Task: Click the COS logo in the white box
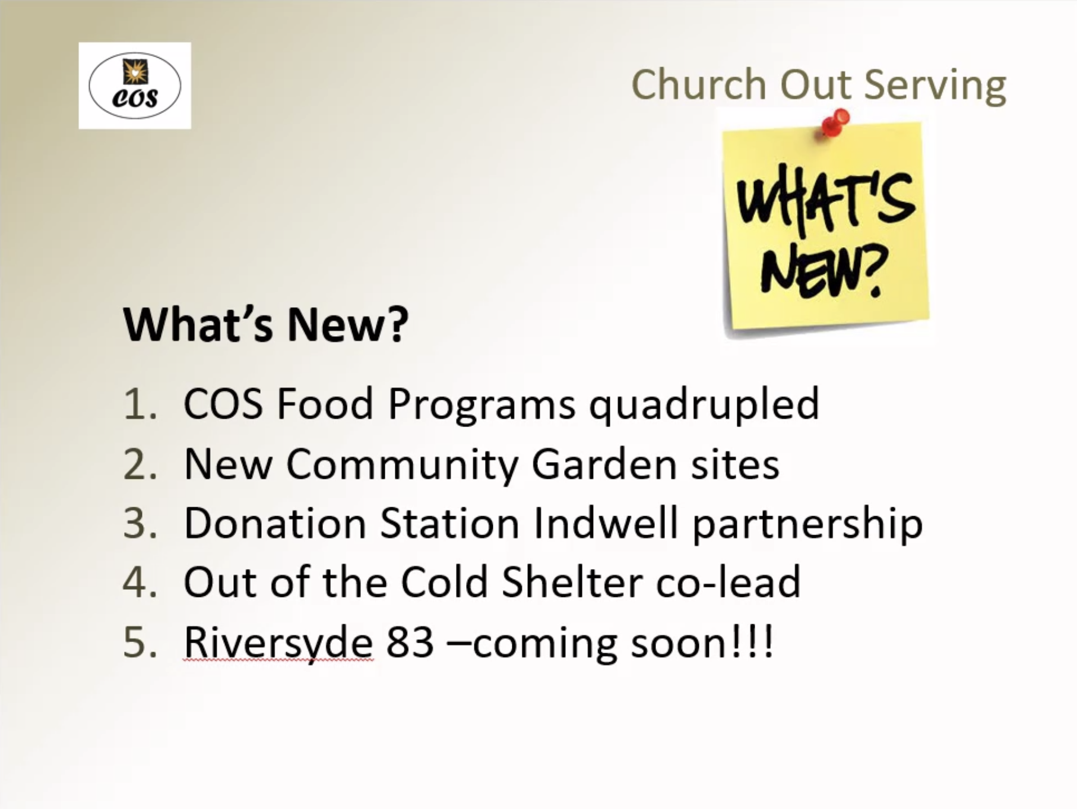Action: [x=135, y=86]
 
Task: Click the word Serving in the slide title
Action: [x=935, y=85]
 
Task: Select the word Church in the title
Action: [x=699, y=84]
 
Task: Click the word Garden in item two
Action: [x=604, y=464]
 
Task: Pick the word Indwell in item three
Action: [x=606, y=523]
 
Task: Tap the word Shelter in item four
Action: [x=572, y=582]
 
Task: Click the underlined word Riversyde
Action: [x=278, y=644]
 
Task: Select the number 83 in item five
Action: [x=410, y=643]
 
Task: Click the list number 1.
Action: [x=141, y=404]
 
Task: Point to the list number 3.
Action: [x=141, y=523]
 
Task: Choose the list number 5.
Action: [x=141, y=643]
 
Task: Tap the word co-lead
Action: [x=728, y=582]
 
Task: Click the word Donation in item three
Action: [x=275, y=523]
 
